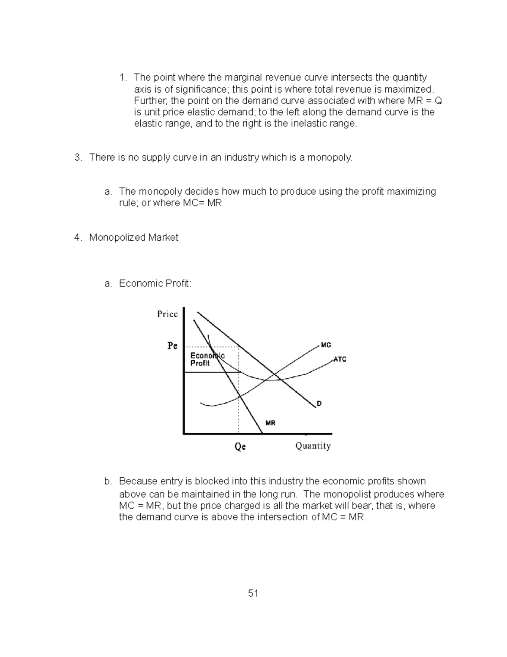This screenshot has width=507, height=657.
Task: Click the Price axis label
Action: pos(167,314)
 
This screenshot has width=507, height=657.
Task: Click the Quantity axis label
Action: pos(313,445)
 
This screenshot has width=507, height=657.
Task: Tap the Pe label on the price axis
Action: pos(172,346)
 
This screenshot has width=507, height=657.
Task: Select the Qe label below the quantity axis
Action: pos(240,446)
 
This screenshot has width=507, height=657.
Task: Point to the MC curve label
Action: pos(326,345)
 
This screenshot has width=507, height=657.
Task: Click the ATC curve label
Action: pos(340,359)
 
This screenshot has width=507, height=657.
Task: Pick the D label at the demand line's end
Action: pos(319,404)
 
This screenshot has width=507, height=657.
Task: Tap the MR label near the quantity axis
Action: pos(270,423)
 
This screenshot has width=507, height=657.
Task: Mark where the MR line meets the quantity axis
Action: pos(262,433)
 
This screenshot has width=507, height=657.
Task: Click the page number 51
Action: pos(253,593)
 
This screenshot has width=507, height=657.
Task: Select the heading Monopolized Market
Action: pos(134,237)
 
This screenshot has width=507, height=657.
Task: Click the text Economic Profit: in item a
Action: pos(155,283)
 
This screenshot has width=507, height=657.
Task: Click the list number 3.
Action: pos(77,157)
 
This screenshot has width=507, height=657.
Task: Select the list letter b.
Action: pos(108,481)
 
